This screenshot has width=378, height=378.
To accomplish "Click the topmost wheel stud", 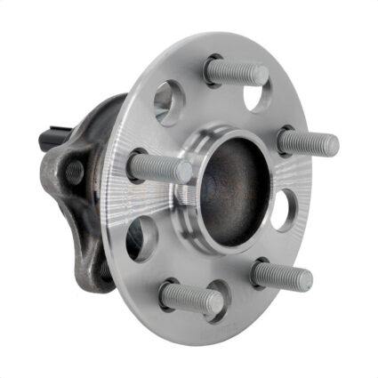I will click(x=236, y=71).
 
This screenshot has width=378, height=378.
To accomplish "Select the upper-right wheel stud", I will click(x=307, y=141).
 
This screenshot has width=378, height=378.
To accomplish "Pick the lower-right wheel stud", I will click(x=280, y=275).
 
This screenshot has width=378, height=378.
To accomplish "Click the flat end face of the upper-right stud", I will click(x=330, y=144).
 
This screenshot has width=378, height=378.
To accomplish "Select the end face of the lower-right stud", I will click(x=304, y=280).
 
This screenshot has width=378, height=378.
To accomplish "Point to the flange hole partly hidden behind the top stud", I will click(x=257, y=96).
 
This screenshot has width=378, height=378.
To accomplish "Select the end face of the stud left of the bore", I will click(x=183, y=172).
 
